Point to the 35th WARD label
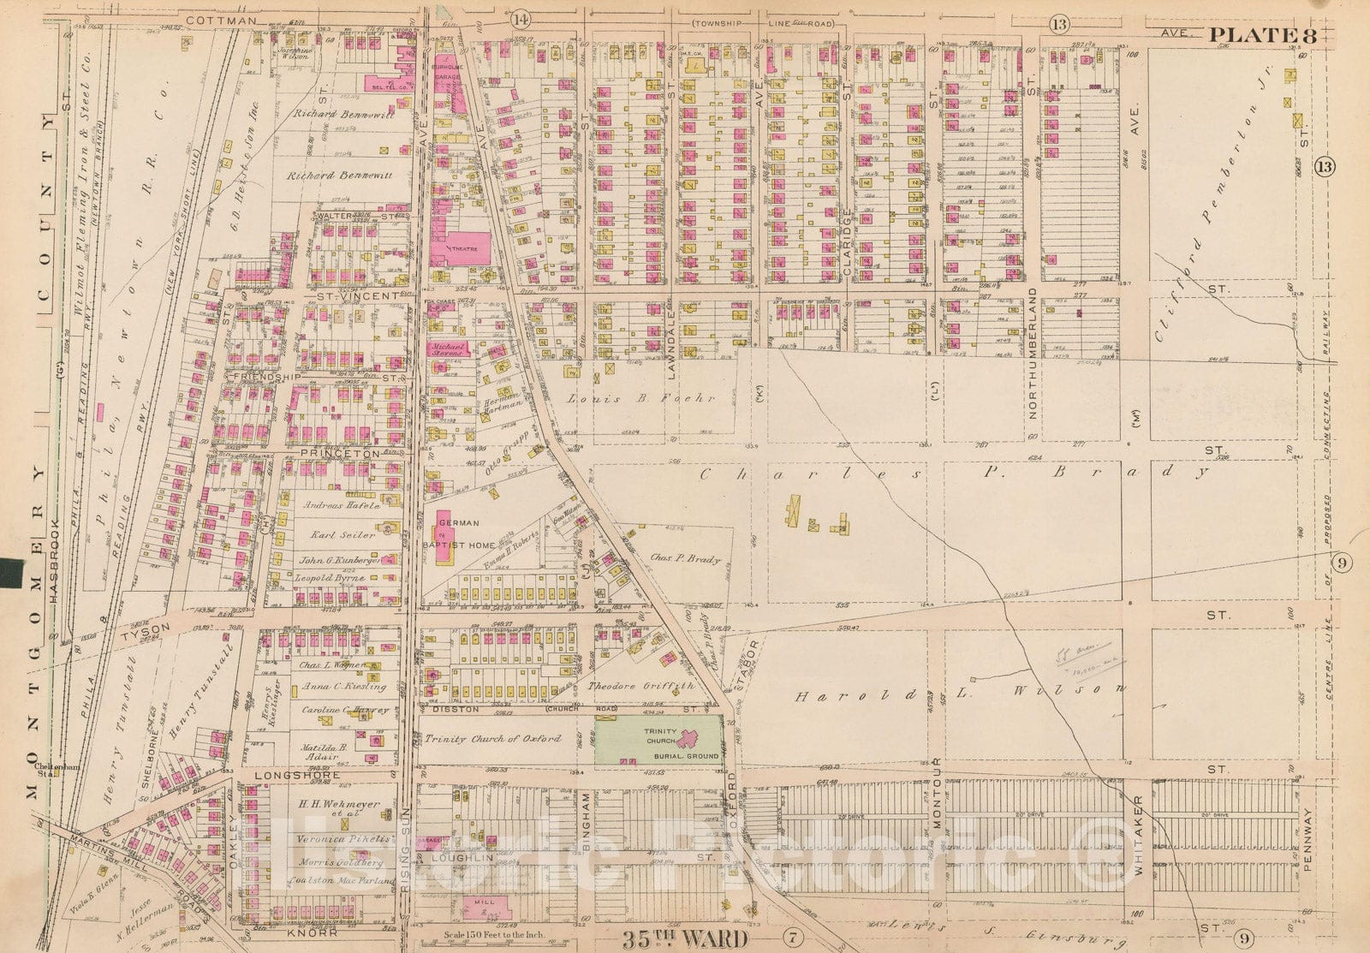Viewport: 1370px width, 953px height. click(x=681, y=939)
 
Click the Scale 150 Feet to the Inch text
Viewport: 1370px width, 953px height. click(x=488, y=935)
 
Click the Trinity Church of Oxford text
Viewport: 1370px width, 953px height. click(x=492, y=738)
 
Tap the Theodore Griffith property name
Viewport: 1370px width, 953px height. click(x=640, y=686)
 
